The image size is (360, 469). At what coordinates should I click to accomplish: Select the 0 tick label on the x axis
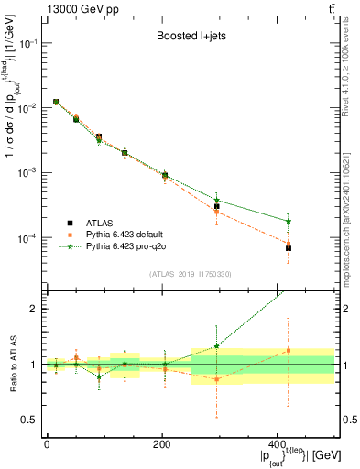47,443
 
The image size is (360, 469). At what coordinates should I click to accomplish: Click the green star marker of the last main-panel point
289,221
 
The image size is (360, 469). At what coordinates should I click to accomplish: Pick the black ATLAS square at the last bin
289,248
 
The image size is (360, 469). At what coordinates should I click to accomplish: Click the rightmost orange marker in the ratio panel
289,351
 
